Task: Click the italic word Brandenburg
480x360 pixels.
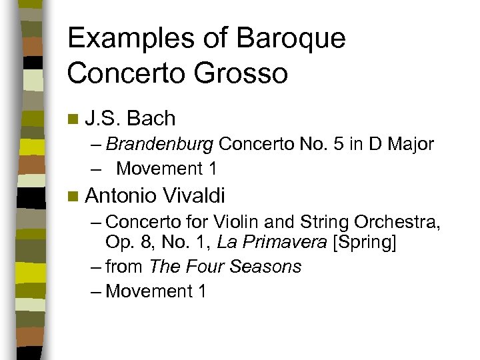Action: (x=160, y=144)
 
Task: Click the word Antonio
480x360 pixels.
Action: (x=120, y=196)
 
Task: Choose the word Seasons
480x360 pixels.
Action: (x=265, y=267)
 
